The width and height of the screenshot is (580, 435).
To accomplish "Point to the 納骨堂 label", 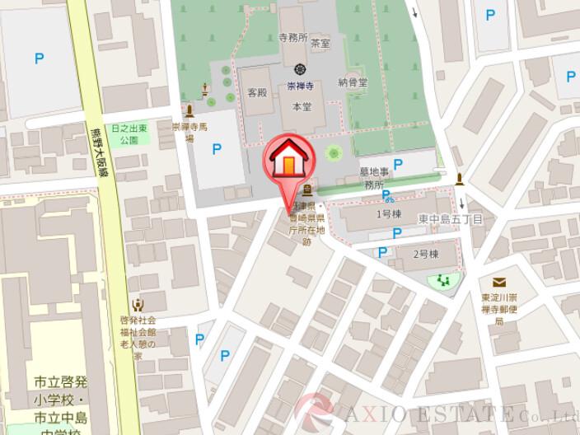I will tap(352, 82).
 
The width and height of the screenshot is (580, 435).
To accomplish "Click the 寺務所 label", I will tap(292, 38).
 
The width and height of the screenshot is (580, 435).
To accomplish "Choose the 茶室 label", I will tap(321, 43).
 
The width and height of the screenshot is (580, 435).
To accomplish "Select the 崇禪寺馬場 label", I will tap(188, 133).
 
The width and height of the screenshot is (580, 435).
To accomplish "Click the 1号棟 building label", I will tap(388, 214).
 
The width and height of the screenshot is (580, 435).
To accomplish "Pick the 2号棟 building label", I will tap(423, 253).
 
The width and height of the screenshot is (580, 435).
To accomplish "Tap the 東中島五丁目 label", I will tap(450, 219).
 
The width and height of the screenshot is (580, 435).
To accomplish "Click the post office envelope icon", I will tap(500, 283).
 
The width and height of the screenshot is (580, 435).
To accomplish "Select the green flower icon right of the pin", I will tap(334, 152).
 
